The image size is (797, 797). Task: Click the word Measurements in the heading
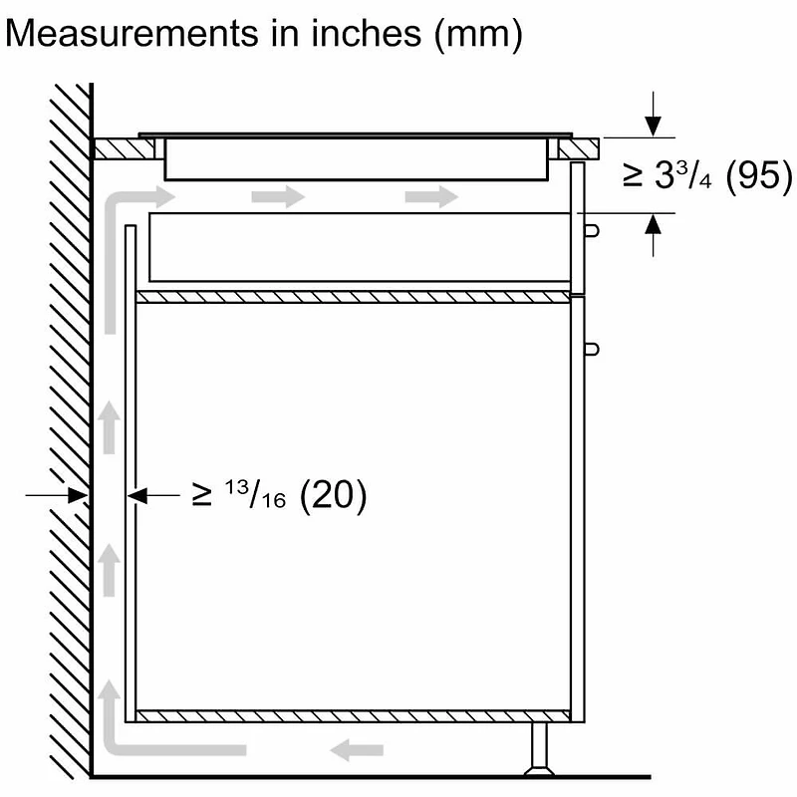[132, 34]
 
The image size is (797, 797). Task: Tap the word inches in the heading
[366, 34]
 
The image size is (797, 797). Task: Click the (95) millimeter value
[759, 176]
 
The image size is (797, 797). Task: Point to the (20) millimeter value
[333, 495]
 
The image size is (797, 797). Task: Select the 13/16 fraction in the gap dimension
[255, 494]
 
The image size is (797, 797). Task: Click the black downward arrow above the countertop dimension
[654, 114]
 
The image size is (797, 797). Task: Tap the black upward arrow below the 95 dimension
[654, 235]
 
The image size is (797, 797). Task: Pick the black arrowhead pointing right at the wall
[78, 495]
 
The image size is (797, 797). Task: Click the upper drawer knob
[591, 231]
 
